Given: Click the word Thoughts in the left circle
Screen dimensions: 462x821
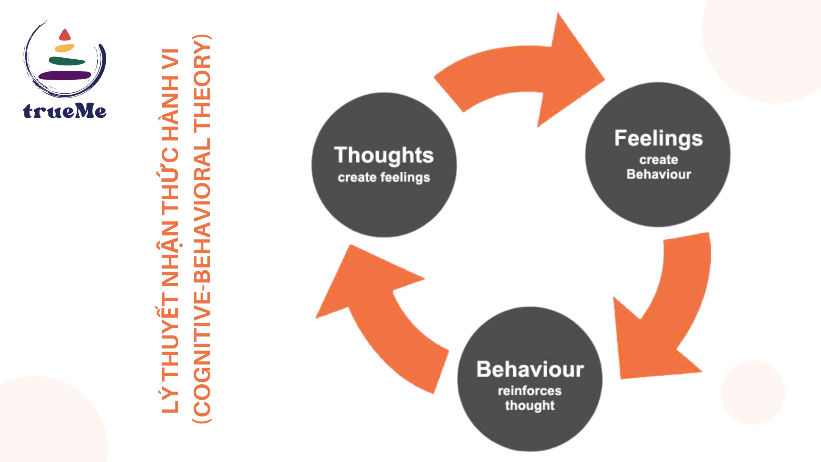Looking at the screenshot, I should point(384,155).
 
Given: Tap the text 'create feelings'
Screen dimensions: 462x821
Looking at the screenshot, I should point(384,177).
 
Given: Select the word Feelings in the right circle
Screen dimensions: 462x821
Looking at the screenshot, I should point(658,139).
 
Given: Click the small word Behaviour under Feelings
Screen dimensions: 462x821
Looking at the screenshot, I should point(659,174).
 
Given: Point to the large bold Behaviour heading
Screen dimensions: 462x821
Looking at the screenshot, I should point(530,369).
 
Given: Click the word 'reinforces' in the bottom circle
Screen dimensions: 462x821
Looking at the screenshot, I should point(529,391).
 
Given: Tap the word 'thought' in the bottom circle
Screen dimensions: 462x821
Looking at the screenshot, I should point(530,406).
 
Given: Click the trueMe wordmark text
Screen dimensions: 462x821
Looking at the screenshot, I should point(64,111).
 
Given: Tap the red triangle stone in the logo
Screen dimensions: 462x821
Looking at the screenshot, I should point(65,35).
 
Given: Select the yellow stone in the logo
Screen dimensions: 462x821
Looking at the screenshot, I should point(64,48).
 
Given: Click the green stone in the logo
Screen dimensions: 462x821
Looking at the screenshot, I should point(67,61).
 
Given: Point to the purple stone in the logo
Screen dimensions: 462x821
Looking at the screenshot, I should point(65,75).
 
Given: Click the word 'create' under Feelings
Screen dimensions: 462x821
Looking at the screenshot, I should point(659,159).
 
